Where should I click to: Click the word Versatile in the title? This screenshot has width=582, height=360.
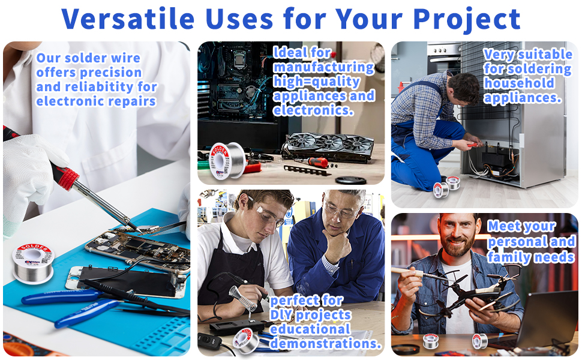[128, 19]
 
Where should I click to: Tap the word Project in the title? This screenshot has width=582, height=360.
[467, 19]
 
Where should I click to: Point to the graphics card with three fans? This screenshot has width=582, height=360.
[328, 146]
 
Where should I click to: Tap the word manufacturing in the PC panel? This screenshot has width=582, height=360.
[323, 67]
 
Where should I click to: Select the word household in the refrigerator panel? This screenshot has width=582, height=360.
[519, 83]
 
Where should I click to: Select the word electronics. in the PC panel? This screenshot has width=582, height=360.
[313, 110]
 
